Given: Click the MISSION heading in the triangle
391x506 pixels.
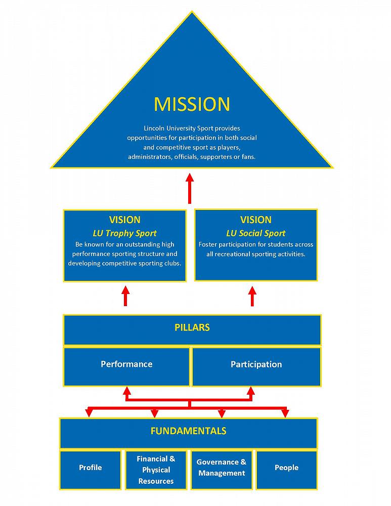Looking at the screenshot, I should (x=192, y=104).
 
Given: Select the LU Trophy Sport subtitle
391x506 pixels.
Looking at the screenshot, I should (x=124, y=233).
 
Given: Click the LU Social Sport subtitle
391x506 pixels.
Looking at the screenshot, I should (x=256, y=233).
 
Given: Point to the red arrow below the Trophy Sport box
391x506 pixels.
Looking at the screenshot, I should (x=125, y=296).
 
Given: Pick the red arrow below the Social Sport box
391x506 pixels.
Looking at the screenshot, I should (x=252, y=296).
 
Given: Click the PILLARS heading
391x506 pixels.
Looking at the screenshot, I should (x=192, y=327).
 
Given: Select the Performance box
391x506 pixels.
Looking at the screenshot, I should (x=126, y=364).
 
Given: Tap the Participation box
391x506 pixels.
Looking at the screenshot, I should (x=256, y=364).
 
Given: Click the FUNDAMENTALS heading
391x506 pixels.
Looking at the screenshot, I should (x=188, y=431).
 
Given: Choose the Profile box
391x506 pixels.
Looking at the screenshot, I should (x=91, y=468).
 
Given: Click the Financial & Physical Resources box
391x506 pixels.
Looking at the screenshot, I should (x=156, y=470).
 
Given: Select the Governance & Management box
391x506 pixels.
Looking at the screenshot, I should (x=222, y=468).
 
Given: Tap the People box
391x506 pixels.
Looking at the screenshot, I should (x=286, y=468).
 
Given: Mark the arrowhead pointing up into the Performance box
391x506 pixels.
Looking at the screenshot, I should (x=127, y=391).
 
